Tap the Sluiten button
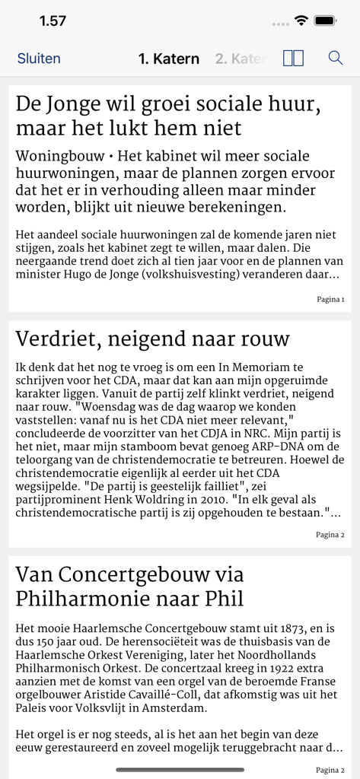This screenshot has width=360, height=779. tap(39, 59)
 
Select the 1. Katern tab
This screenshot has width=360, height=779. tap(169, 59)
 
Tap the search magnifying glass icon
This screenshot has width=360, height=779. tap(336, 58)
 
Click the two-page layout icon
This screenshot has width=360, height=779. tap(293, 59)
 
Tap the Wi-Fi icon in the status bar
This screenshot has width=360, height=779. tap(301, 21)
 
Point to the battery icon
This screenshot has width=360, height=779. tap(327, 21)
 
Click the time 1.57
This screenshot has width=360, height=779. tap(53, 21)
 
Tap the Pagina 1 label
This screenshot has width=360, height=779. tap(330, 299)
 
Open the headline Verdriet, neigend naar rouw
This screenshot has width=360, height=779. tap(152, 339)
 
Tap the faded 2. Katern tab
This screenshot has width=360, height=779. tap(239, 59)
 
